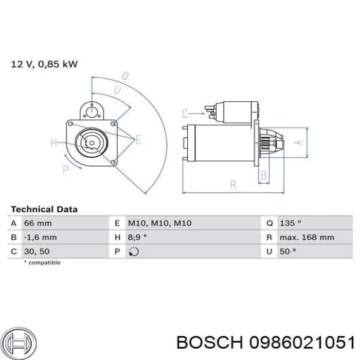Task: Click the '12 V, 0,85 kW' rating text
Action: [44, 64]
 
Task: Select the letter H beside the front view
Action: [54, 143]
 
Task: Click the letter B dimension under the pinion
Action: [264, 176]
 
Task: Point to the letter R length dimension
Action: [232, 184]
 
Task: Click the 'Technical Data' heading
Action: [44, 209]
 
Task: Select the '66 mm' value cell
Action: [38, 223]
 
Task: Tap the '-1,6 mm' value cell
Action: [40, 238]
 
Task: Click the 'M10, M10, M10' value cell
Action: [159, 223]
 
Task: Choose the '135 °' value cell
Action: [291, 223]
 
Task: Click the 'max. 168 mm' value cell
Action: [307, 238]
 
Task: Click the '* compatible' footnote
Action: [42, 262]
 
